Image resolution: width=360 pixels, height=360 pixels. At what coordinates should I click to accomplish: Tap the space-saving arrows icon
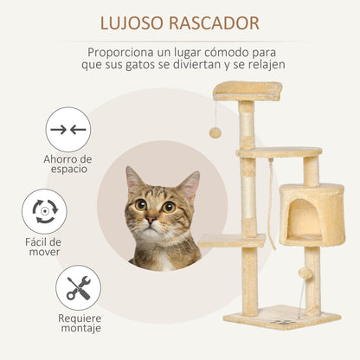click(x=68, y=130)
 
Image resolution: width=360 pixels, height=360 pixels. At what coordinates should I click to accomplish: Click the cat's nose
click(x=151, y=220)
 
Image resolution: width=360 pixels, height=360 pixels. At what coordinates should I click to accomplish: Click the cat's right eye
click(x=169, y=206)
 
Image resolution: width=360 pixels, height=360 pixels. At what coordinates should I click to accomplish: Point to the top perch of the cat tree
click(x=247, y=89)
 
